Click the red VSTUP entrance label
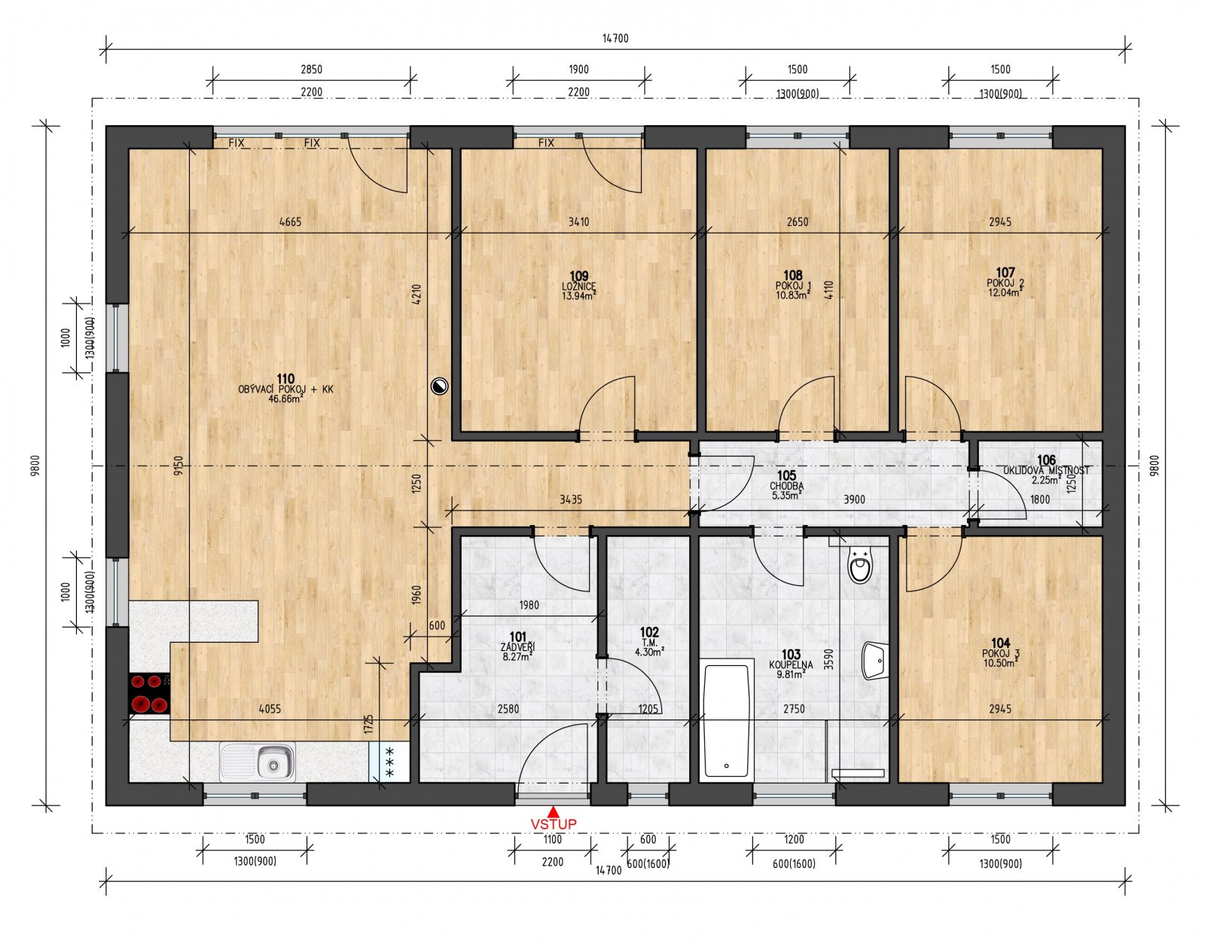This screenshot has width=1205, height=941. [x=554, y=824]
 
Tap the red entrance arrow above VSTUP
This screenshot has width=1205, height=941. [x=554, y=811]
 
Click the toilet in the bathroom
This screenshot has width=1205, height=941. [x=859, y=566]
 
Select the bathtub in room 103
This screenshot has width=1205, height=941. [x=727, y=719]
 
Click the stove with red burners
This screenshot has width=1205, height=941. [x=148, y=693]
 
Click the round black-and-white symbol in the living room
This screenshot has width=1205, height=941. [x=440, y=387]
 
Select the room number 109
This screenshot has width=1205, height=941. [x=578, y=276]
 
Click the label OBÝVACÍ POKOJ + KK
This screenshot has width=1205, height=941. [x=285, y=390]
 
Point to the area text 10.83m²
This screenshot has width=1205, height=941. [x=793, y=295]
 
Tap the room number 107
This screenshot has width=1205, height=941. [x=1005, y=273]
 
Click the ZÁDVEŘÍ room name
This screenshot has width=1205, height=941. [x=517, y=647]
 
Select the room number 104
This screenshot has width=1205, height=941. [x=1000, y=643]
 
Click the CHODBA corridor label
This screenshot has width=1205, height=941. [x=786, y=486]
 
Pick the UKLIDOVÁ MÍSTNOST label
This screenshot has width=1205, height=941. [x=1046, y=470]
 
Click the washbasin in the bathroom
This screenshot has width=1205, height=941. [x=874, y=661]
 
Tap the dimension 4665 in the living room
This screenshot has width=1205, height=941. [x=290, y=222]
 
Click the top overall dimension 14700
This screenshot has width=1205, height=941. [x=615, y=38]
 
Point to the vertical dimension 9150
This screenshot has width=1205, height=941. [x=178, y=465]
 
